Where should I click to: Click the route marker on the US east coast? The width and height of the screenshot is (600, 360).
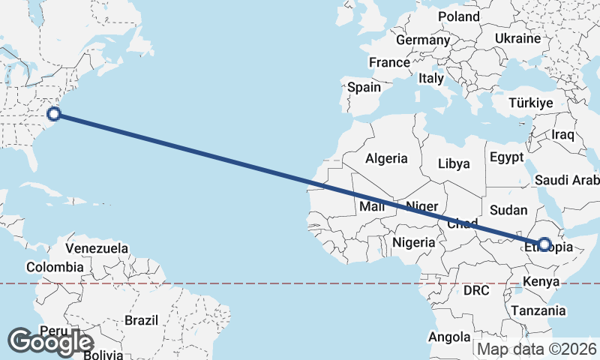point(54,114)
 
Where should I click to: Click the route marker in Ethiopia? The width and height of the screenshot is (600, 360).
point(544,244)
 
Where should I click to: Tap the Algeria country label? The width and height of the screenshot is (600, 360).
point(386,158)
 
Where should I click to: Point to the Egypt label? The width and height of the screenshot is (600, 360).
point(505,157)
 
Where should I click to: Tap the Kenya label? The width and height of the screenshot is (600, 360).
point(541,282)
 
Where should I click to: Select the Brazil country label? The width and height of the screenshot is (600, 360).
point(142,320)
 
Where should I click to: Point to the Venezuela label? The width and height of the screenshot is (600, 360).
point(97,248)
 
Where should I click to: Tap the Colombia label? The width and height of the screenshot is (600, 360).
point(55,267)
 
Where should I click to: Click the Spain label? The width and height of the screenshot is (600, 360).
point(364,87)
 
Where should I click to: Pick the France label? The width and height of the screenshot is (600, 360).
point(389,62)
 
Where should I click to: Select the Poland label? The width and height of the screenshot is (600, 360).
point(459,16)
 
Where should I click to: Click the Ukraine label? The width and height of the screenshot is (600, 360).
point(517,38)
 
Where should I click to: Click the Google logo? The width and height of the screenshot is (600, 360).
point(50,341)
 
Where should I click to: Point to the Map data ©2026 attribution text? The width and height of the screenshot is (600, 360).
point(537,349)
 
